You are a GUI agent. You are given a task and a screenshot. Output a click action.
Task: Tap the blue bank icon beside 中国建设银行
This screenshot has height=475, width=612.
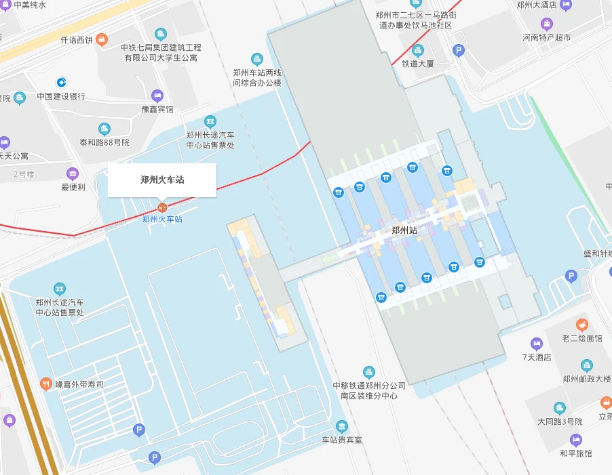(x=61, y=82)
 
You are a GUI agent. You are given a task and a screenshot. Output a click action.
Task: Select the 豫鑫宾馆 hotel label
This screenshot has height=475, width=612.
(x=157, y=109)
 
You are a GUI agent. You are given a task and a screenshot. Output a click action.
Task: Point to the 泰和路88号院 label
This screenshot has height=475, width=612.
(x=104, y=142)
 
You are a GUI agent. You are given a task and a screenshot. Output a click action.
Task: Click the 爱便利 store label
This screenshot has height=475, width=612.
(x=73, y=187)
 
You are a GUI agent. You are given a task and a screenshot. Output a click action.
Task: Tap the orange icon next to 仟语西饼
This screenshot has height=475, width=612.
(x=101, y=39)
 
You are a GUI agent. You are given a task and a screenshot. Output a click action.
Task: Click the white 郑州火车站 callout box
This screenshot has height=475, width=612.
(x=162, y=180)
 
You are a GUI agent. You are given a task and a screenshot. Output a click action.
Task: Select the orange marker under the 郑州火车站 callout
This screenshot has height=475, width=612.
(x=162, y=207)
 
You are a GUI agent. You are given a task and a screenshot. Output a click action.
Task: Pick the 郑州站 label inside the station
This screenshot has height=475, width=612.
(x=404, y=230)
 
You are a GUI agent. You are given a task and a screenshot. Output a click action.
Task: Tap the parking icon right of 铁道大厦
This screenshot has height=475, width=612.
(x=459, y=50)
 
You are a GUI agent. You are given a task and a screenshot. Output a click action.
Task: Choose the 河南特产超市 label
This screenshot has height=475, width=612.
(x=546, y=37)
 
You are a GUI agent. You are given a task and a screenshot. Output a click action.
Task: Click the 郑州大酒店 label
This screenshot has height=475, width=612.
(x=536, y=5)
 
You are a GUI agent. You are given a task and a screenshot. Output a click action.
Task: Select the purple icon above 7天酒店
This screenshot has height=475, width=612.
(x=537, y=344)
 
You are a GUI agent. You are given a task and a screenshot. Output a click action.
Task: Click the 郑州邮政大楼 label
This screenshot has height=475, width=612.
(x=587, y=379)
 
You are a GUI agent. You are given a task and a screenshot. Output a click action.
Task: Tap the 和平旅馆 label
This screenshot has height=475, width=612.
(x=575, y=453)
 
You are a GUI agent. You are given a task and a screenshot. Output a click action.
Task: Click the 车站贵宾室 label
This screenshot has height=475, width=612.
(x=342, y=440)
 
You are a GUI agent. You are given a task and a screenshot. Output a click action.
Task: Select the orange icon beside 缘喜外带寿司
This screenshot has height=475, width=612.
(x=46, y=384)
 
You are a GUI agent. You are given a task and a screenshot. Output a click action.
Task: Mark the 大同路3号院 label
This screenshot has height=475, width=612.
(x=560, y=421)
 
